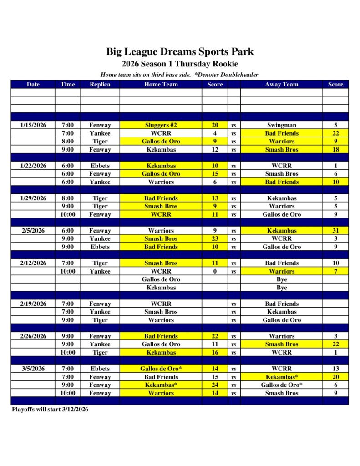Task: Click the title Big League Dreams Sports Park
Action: click(180, 52)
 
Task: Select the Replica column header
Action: click(100, 84)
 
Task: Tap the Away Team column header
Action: click(281, 84)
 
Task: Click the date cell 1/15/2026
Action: click(33, 125)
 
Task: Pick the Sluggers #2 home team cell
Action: click(161, 125)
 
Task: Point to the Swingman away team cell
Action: click(281, 125)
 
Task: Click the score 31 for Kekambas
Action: click(335, 231)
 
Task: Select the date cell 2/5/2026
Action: click(33, 231)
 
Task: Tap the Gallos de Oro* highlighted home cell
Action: click(161, 369)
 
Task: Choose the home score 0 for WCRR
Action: click(215, 271)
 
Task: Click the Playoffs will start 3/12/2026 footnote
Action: click(50, 410)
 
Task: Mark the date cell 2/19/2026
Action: click(33, 304)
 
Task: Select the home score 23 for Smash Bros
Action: click(215, 239)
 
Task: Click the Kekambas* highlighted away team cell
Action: click(281, 377)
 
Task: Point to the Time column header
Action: click(67, 84)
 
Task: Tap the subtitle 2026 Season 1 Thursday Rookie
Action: click(180, 64)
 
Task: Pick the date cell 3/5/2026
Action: click(33, 369)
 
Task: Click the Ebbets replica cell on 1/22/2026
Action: click(100, 166)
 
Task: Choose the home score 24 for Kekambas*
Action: click(215, 385)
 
